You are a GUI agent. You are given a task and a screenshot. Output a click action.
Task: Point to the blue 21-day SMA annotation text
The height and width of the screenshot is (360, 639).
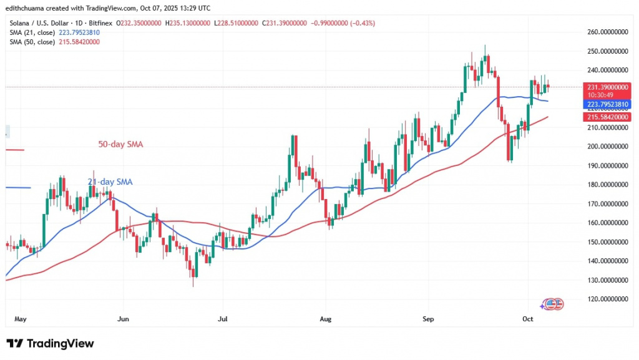pyautogui.click(x=110, y=182)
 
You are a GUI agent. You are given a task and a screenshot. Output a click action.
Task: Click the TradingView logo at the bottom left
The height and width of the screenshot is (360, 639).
pyautogui.click(x=50, y=344)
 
